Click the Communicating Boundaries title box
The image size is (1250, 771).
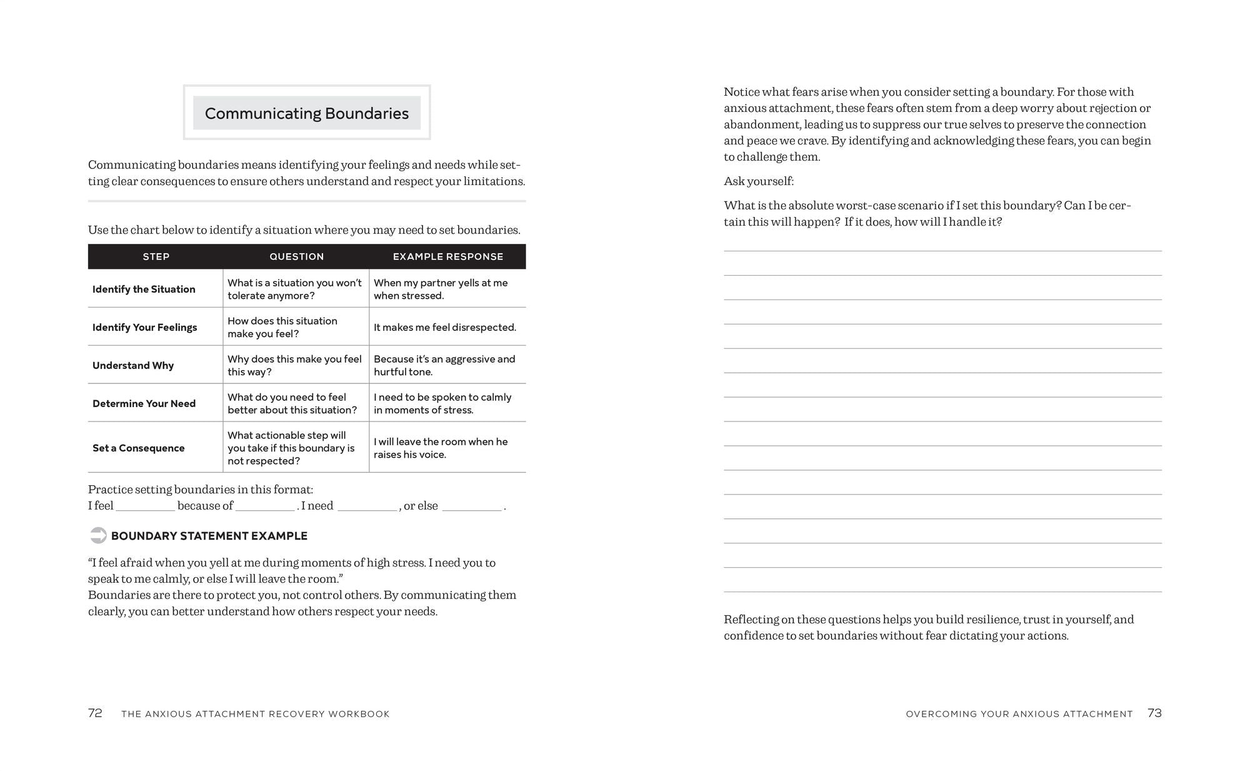click(x=306, y=113)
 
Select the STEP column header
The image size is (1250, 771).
click(x=156, y=256)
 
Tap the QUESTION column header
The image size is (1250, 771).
click(x=296, y=256)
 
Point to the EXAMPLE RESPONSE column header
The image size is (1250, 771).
click(x=447, y=256)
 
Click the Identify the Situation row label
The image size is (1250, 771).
click(x=144, y=289)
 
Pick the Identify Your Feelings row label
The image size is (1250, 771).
click(x=144, y=327)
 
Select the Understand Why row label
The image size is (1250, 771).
click(x=133, y=365)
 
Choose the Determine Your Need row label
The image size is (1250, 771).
click(x=144, y=403)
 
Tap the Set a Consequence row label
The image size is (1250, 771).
click(x=138, y=448)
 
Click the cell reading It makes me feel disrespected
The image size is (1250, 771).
click(x=444, y=327)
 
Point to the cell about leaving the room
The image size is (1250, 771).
click(x=441, y=448)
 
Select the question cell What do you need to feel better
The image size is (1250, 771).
click(x=292, y=403)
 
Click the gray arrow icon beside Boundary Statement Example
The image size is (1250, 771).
click(x=98, y=535)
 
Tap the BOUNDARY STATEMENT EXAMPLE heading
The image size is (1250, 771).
click(x=209, y=536)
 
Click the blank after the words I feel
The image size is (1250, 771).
click(x=145, y=507)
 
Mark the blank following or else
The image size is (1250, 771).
click(x=472, y=507)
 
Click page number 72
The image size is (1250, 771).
click(x=95, y=713)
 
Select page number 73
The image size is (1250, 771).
click(x=1154, y=713)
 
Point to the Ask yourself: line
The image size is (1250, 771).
click(x=759, y=181)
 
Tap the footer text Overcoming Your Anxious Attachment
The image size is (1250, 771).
click(x=1019, y=714)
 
